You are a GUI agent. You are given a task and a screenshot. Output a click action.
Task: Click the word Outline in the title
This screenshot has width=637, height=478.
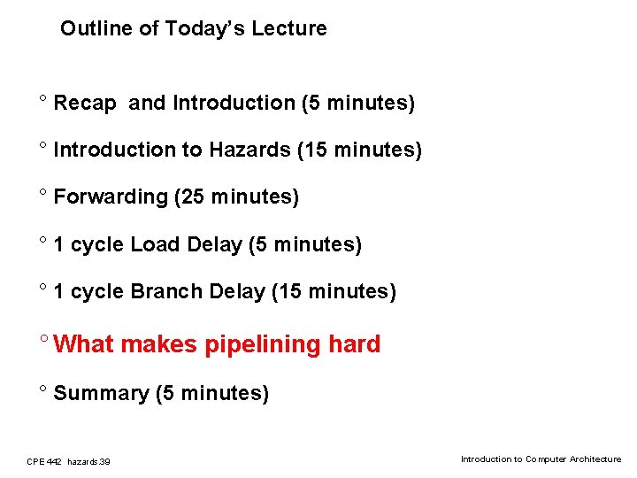91,28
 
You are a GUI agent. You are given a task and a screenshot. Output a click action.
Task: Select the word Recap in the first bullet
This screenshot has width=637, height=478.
84,104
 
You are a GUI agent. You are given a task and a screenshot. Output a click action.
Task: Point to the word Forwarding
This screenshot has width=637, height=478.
111,197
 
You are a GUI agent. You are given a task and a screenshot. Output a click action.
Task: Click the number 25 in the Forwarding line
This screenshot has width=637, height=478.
192,197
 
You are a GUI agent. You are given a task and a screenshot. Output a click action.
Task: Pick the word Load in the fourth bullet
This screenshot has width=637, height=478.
154,244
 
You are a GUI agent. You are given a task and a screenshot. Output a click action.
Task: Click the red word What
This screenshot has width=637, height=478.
84,344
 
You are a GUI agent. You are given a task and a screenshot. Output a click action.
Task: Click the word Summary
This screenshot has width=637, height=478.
101,393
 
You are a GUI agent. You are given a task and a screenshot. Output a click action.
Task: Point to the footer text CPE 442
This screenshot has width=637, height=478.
43,461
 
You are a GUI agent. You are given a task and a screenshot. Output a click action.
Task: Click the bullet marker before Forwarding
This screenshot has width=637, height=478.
42,193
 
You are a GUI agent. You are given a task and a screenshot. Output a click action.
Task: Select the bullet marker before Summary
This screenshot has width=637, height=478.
42,389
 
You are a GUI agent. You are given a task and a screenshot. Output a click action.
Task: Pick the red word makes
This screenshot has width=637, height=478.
159,344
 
